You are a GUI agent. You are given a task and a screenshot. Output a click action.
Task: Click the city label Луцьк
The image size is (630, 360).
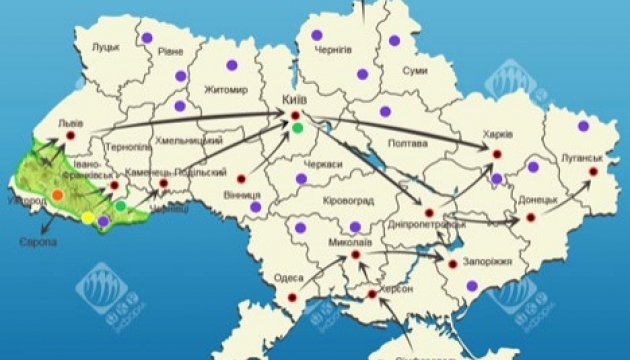coord(105,47)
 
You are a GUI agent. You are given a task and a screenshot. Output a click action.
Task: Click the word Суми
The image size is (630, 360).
coord(415,71)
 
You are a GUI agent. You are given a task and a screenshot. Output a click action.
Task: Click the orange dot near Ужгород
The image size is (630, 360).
coord(57,194)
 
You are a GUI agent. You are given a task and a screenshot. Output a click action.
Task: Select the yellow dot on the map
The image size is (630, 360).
coord(88,217)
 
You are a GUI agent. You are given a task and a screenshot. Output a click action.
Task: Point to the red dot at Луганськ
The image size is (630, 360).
coord(592,172)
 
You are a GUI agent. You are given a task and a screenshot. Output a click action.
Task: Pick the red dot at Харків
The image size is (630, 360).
coord(496,153)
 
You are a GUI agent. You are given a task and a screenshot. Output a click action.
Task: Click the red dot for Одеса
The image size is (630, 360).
coord(293,297)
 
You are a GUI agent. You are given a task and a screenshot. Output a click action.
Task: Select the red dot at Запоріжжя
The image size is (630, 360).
coord(453,265)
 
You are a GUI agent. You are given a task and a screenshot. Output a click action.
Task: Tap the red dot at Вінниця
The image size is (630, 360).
coord(241,180)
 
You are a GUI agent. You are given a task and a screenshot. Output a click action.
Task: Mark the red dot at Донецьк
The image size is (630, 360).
coord(532,217)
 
